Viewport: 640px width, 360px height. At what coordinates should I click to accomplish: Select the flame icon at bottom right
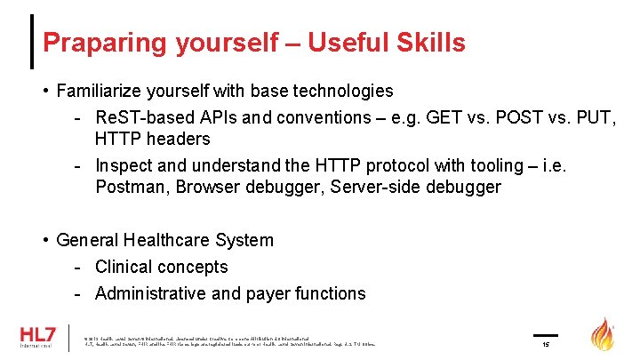tap(604, 335)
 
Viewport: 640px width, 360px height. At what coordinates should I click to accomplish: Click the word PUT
tap(596, 117)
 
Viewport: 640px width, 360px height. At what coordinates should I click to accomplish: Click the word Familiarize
tap(100, 91)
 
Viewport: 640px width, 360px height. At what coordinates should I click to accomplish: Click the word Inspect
tap(123, 165)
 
